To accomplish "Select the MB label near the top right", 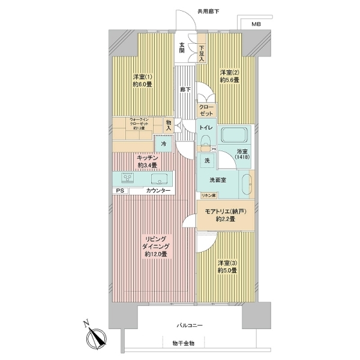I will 256,24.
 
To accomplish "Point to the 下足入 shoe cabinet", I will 202,53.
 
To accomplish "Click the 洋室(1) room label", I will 142,76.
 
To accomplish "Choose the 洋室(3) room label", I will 227,262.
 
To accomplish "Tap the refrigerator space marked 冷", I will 163,144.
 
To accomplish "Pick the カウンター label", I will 158,191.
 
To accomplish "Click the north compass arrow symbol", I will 94,336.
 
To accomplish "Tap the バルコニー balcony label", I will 189,325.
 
